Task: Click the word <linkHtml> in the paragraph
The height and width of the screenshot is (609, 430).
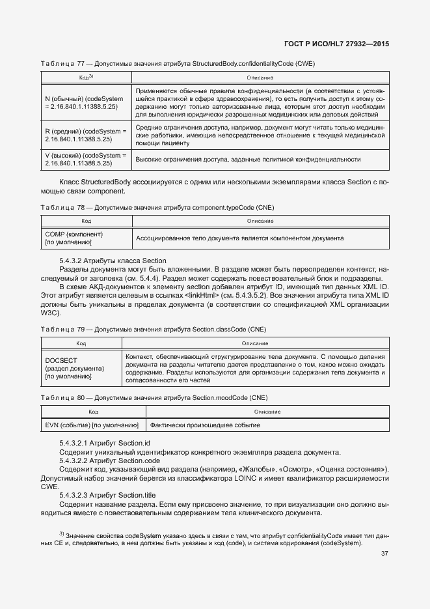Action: tap(201, 294)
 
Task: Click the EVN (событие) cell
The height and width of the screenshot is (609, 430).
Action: tap(92, 425)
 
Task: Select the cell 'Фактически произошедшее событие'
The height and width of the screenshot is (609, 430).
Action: tap(206, 425)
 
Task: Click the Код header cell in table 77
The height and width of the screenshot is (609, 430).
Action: tap(86, 78)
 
